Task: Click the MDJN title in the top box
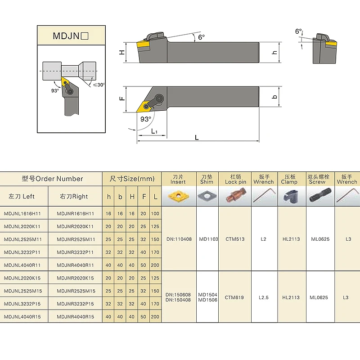click(x=71, y=36)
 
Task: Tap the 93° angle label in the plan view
click(x=146, y=119)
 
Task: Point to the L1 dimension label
click(x=154, y=131)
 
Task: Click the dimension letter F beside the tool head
click(x=122, y=99)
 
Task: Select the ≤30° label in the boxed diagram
click(x=99, y=85)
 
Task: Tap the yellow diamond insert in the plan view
click(x=144, y=106)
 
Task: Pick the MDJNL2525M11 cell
click(x=23, y=239)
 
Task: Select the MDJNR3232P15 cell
click(x=75, y=304)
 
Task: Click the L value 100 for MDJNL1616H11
click(x=155, y=213)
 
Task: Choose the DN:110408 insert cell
click(x=179, y=239)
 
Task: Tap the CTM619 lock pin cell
click(x=234, y=297)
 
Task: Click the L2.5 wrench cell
click(x=264, y=297)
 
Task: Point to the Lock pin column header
click(x=235, y=179)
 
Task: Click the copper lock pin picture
click(x=235, y=196)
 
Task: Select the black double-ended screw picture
click(x=320, y=195)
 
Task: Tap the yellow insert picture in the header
click(x=179, y=196)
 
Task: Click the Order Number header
click(x=52, y=179)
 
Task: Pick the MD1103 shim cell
click(x=208, y=239)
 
